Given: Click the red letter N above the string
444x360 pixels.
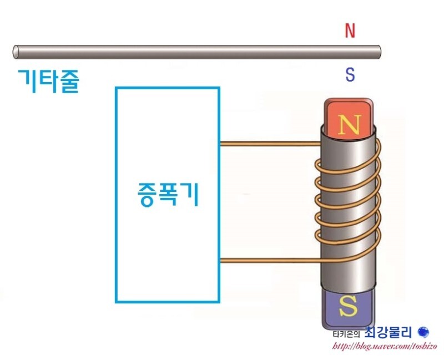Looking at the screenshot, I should (350, 31).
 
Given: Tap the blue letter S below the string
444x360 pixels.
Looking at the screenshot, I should (350, 75).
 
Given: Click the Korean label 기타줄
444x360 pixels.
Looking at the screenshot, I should (49, 81).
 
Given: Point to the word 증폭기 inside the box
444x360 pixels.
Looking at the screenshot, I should (168, 195).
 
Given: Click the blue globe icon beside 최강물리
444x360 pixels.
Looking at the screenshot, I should (423, 332).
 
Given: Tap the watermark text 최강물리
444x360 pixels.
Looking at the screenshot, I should (389, 333).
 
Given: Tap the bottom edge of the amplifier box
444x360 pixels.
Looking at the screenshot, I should (168, 301).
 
